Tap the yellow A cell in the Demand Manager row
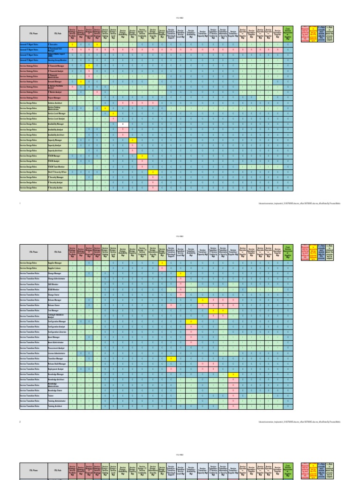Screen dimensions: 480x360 tap(81, 82)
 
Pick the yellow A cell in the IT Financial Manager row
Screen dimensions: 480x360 tap(89, 66)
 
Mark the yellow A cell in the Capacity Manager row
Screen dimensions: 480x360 tap(133, 140)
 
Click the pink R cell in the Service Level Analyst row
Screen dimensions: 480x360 tap(113, 119)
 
